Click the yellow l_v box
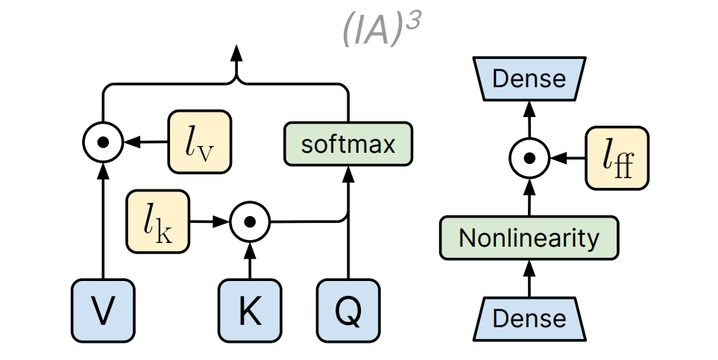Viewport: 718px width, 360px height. [x=199, y=141]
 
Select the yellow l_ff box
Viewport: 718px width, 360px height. [x=617, y=157]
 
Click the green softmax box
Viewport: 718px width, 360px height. [x=348, y=143]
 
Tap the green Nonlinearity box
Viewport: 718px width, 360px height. [x=529, y=238]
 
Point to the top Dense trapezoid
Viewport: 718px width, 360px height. [x=529, y=78]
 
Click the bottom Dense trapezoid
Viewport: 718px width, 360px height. [x=529, y=318]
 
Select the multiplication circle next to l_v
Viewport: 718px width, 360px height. [x=103, y=141]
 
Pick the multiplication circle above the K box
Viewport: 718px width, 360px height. [x=250, y=221]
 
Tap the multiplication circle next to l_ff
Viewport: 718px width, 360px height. [x=529, y=158]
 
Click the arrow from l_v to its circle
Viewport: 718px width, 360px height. [x=146, y=141]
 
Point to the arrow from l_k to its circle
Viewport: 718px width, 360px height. [x=209, y=221]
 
